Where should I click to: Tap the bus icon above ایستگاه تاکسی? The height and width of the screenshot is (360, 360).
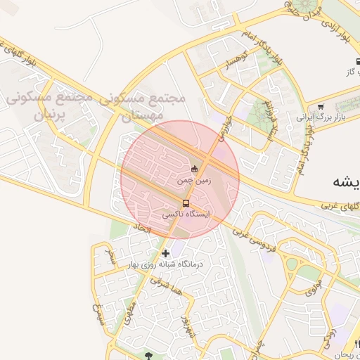[186, 203]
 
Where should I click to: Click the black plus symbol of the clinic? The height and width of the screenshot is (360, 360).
[165, 253]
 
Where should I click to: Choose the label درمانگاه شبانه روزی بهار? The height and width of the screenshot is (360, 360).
[165, 265]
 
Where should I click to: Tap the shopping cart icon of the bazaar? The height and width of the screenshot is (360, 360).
[321, 107]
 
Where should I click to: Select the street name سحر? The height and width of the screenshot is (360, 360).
[109, 257]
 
